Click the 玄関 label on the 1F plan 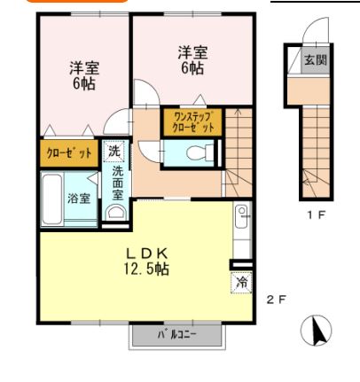click(x=316, y=61)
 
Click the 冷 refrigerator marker click(x=241, y=283)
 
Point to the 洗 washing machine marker click(x=113, y=151)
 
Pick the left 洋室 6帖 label click(x=84, y=74)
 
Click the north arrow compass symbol click(x=317, y=331)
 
